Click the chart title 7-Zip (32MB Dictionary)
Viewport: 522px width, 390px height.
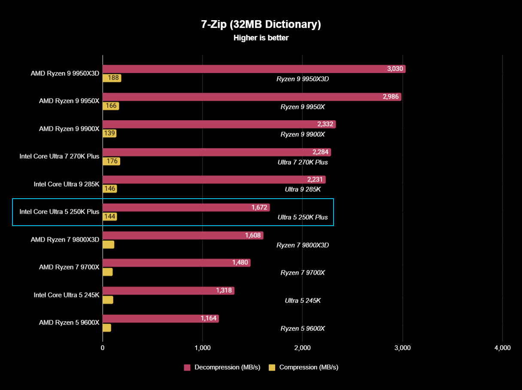[x=261, y=24]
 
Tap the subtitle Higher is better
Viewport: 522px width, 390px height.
[x=261, y=38]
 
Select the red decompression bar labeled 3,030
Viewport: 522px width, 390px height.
[x=253, y=69]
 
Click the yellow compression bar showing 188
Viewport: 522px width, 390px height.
[x=112, y=78]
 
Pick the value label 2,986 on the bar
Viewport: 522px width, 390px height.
[x=391, y=97]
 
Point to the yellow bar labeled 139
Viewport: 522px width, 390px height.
[x=109, y=133]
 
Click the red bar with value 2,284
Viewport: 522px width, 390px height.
[x=216, y=152]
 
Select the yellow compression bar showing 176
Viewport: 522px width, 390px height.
[x=111, y=161]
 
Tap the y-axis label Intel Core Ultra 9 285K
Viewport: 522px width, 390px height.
[x=67, y=184]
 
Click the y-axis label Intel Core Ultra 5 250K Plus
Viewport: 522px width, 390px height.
[x=59, y=212]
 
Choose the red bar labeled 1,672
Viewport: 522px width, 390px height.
[x=186, y=208]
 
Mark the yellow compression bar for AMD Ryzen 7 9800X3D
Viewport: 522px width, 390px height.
[x=108, y=245]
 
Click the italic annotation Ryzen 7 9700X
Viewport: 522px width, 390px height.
[x=303, y=273]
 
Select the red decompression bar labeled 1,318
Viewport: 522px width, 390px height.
[x=168, y=290]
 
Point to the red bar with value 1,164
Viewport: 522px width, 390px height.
[x=161, y=318]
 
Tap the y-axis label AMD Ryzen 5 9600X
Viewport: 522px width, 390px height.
[x=69, y=322]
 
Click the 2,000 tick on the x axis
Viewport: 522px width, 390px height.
[x=302, y=348]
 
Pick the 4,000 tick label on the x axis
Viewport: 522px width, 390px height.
[x=502, y=348]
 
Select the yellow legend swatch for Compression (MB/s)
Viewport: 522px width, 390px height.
[x=272, y=367]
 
